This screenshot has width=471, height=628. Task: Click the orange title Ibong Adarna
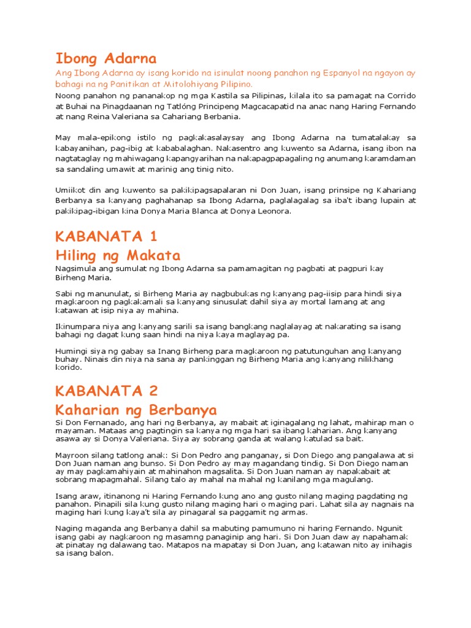coord(106,59)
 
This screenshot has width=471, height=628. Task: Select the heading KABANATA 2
coord(107,391)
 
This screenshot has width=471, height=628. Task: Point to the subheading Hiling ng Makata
coord(118,255)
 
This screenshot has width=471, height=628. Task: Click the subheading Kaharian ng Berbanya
coord(136,409)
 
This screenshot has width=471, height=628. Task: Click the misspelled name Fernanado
coord(110,422)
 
